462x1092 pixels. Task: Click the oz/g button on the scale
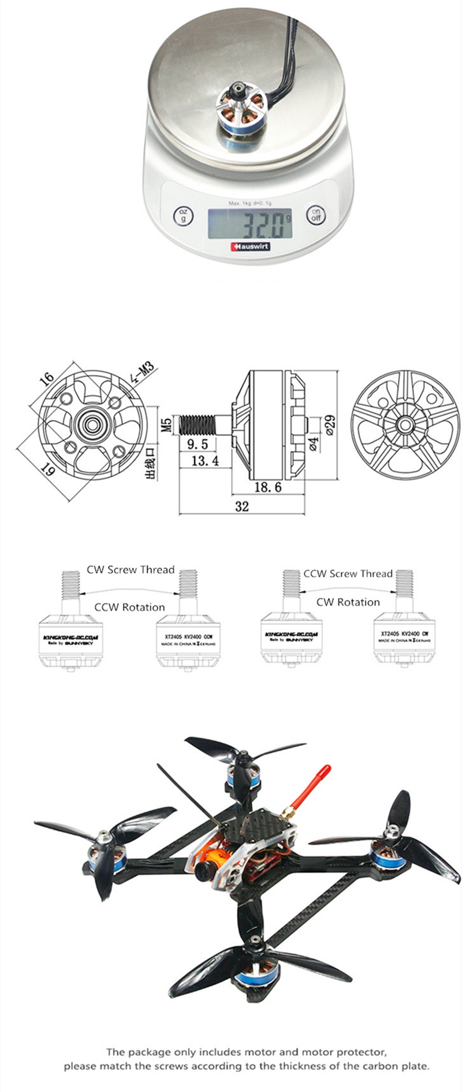tap(183, 216)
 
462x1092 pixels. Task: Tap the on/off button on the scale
tap(316, 215)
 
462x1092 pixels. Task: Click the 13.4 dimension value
tap(205, 460)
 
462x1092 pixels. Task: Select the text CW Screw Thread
tap(131, 569)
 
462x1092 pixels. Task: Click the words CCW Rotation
tap(129, 607)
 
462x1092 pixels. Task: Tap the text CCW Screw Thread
tap(348, 573)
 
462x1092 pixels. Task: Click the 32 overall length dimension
tap(242, 506)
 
